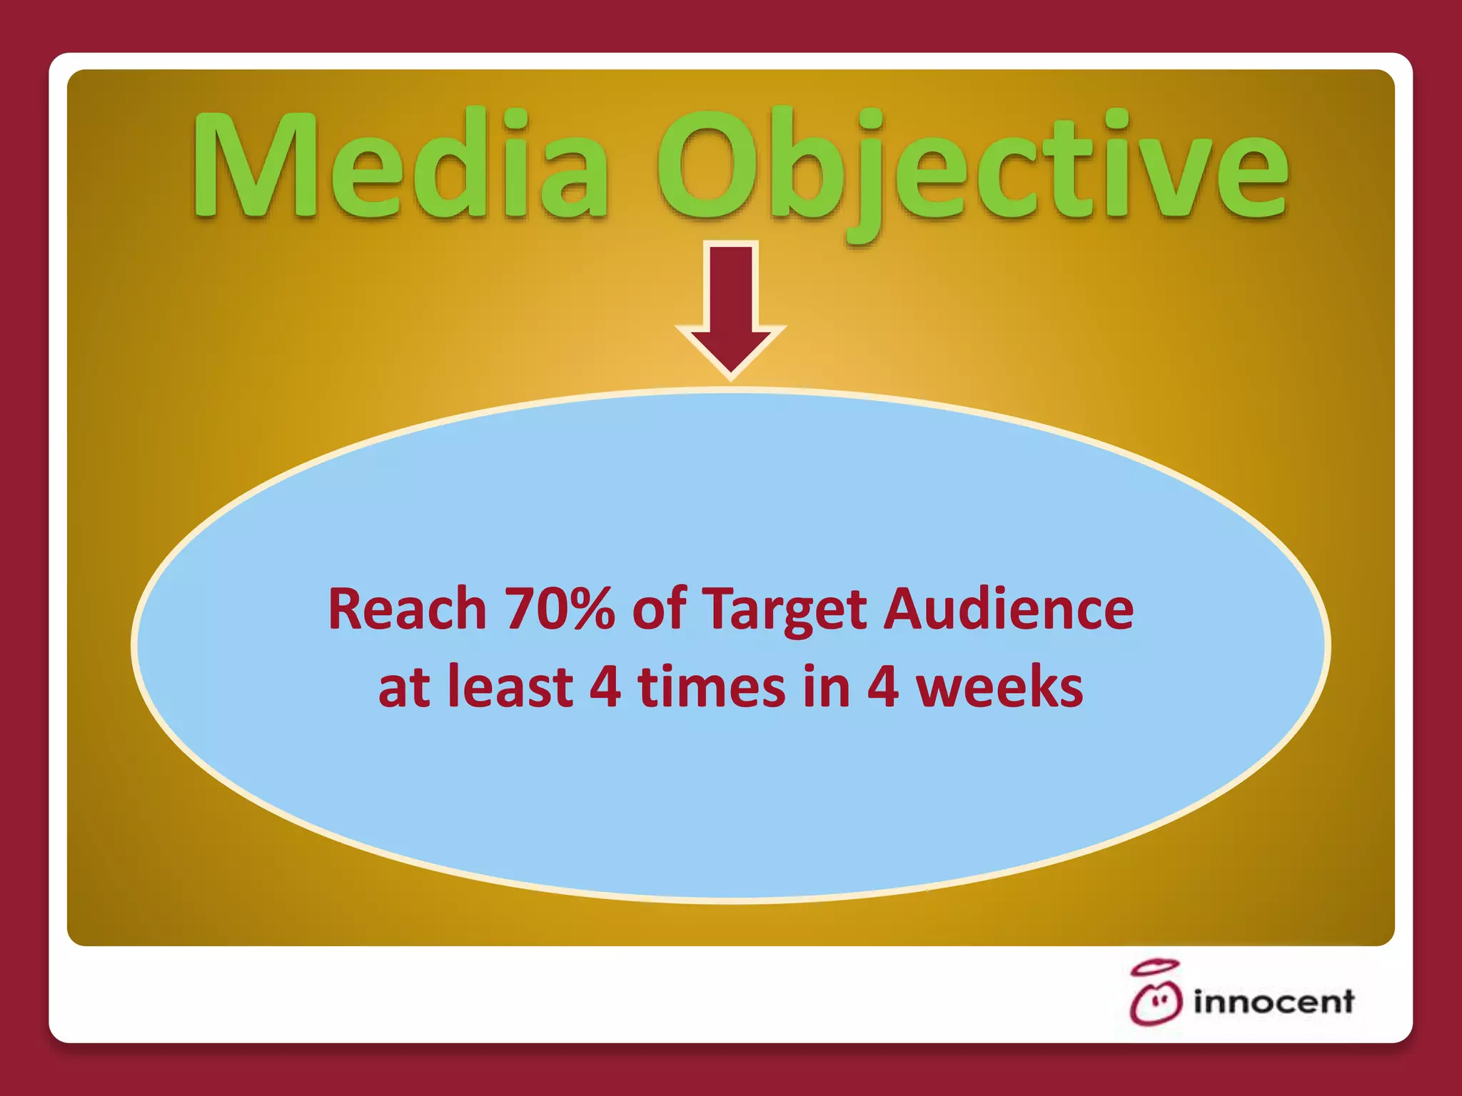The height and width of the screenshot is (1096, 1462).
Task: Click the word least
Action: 510,686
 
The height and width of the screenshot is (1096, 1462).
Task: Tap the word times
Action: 711,686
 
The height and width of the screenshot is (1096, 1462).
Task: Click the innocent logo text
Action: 1273,1002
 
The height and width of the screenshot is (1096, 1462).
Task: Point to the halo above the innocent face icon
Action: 1154,968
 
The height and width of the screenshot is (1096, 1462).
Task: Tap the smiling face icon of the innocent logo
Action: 1155,1003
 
